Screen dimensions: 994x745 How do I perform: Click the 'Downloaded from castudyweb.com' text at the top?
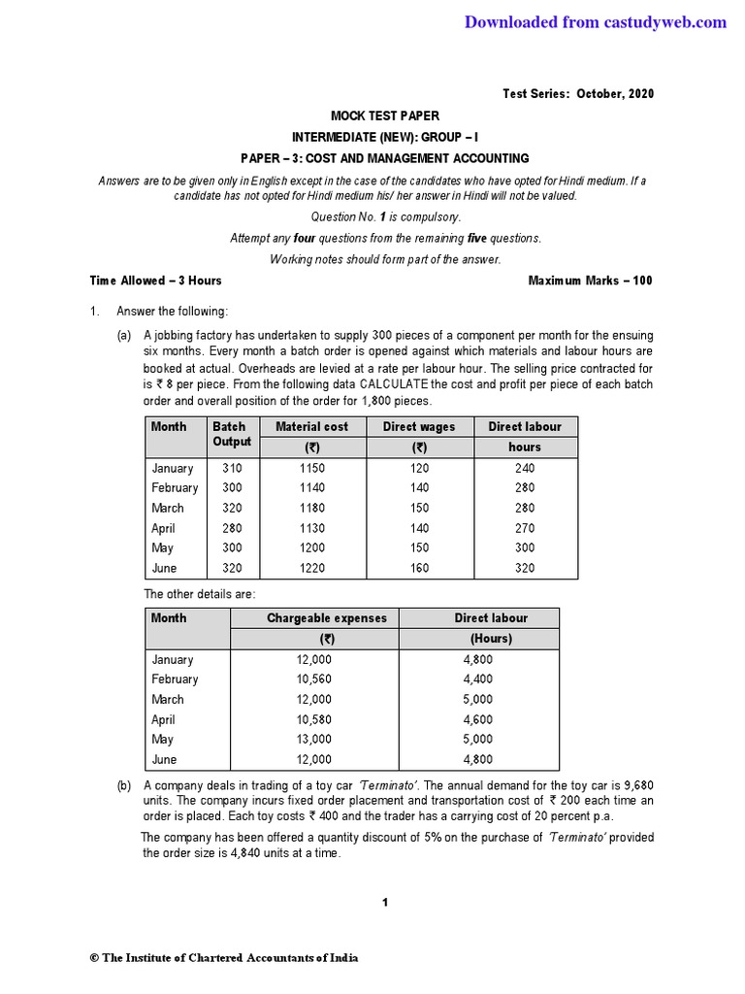pos(595,22)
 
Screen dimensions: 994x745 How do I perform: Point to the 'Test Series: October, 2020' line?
pos(577,93)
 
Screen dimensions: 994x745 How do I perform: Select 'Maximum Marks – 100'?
pos(590,281)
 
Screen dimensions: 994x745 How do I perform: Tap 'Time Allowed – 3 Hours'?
pos(155,281)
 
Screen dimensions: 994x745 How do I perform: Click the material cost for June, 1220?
pos(311,569)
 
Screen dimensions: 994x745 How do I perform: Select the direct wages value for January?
pos(419,468)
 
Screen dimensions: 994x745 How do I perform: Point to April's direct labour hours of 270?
pos(525,528)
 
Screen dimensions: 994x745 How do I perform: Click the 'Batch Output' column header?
pos(231,434)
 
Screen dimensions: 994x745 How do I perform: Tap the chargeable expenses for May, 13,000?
pos(313,740)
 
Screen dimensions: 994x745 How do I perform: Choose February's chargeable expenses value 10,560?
pos(313,679)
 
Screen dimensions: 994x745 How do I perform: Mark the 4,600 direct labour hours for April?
pos(478,719)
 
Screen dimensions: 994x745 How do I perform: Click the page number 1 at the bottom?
pos(385,903)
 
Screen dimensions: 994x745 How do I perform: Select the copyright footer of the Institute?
pos(224,958)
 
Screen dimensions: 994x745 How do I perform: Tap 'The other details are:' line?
pos(200,593)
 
